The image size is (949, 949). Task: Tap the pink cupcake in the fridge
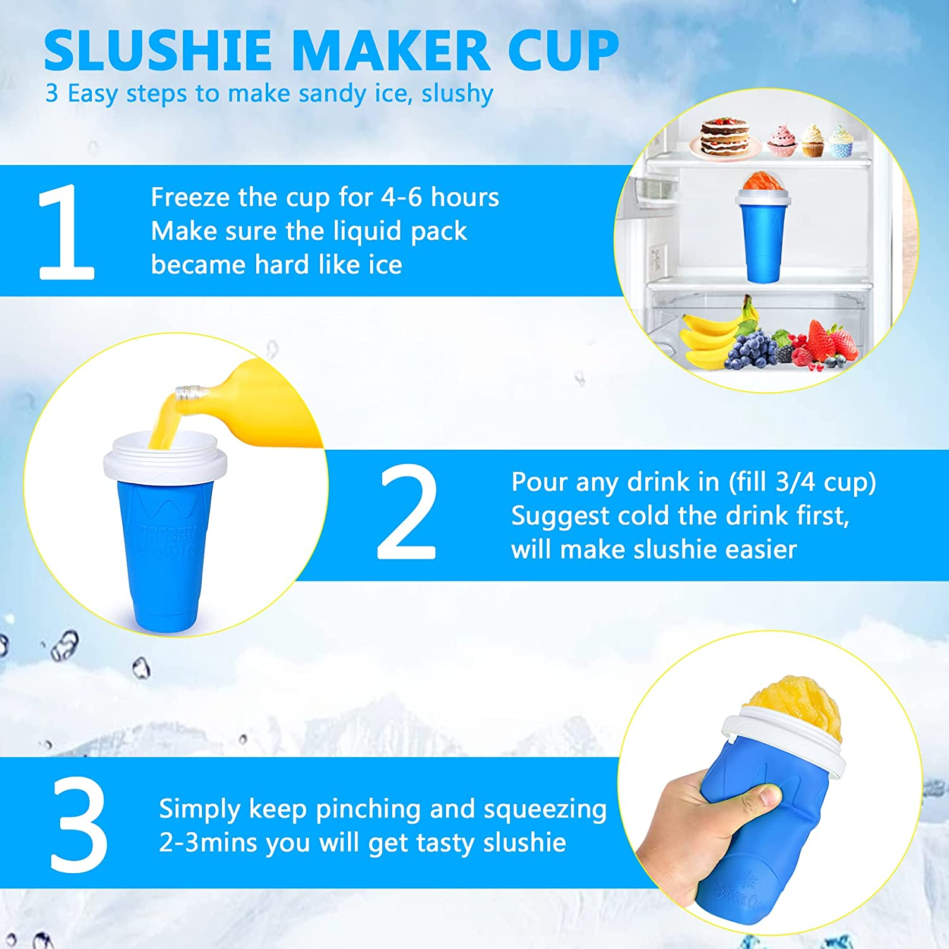point(782,140)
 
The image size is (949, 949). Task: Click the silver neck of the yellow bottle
point(190,393)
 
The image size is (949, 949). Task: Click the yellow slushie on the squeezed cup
point(794,705)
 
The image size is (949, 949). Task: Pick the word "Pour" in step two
point(539,482)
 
